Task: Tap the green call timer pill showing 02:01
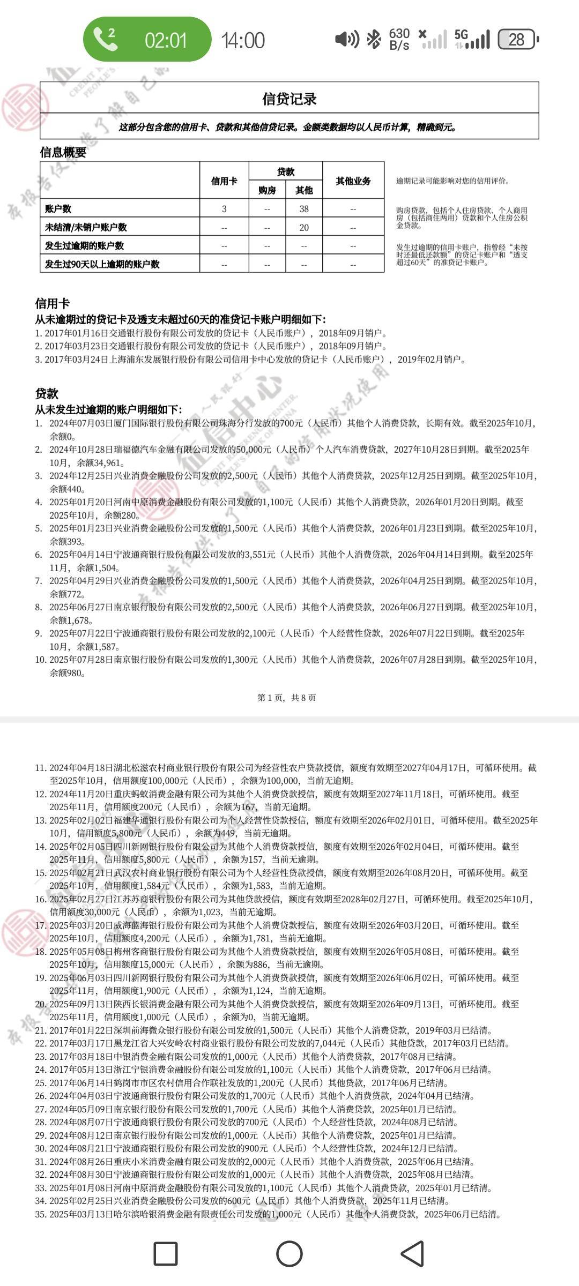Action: (x=147, y=39)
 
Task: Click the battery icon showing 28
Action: (x=517, y=39)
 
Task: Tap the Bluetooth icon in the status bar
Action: (x=373, y=39)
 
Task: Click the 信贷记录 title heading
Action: (x=289, y=99)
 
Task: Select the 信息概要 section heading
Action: (x=63, y=152)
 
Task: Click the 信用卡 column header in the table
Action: (x=224, y=181)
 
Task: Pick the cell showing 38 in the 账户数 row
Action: (x=304, y=209)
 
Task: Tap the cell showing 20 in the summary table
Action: (x=304, y=227)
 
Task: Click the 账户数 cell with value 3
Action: (x=224, y=209)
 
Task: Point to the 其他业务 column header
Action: (x=353, y=181)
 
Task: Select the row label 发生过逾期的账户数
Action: (x=85, y=245)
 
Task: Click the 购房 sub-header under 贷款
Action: (x=267, y=190)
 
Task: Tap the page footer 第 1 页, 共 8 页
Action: (x=287, y=697)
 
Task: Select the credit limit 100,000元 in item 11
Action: (x=160, y=781)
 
